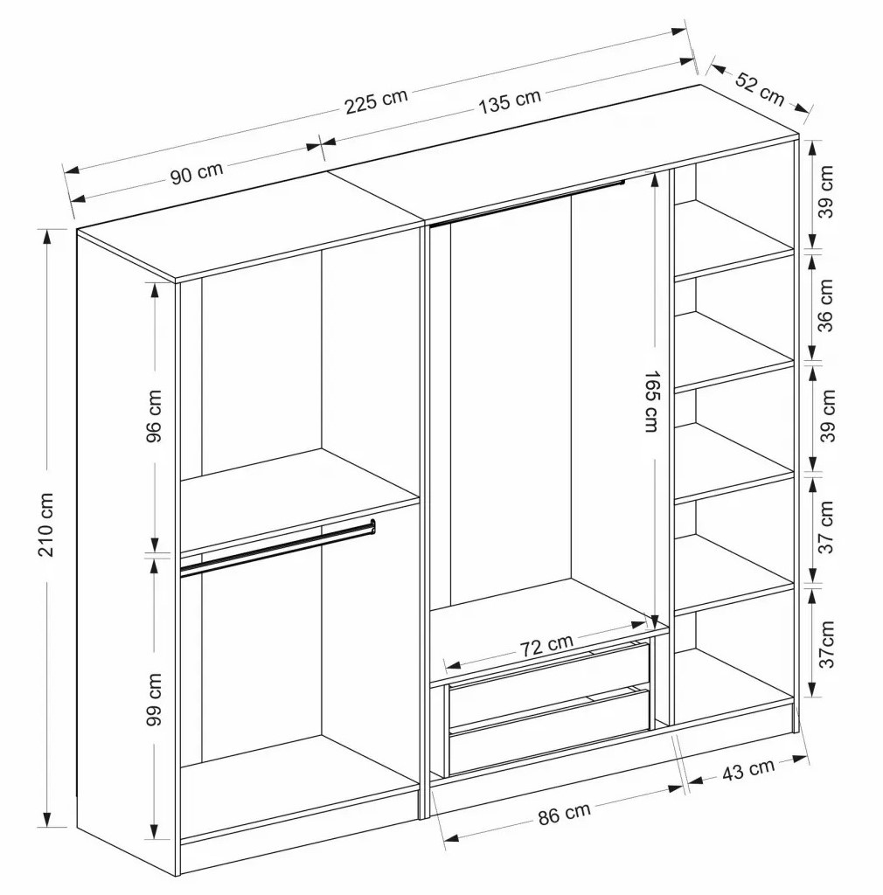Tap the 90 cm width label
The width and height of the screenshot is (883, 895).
[x=197, y=172]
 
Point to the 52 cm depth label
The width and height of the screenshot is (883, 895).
[x=759, y=88]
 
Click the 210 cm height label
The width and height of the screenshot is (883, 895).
[x=45, y=524]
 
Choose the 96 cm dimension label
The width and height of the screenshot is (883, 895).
[x=153, y=416]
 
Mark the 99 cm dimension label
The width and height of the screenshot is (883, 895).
[x=153, y=699]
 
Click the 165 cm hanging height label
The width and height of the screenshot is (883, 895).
[x=651, y=401]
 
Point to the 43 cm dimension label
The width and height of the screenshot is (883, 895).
[x=748, y=769]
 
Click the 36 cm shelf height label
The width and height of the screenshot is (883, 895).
[x=825, y=305]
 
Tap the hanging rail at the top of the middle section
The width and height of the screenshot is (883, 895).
[x=527, y=204]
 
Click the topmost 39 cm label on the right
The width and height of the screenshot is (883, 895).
[x=825, y=191]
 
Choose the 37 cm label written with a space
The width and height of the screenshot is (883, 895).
[x=825, y=527]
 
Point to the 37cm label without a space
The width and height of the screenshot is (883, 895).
[x=825, y=644]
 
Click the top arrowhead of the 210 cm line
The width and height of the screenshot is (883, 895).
[x=45, y=236]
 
